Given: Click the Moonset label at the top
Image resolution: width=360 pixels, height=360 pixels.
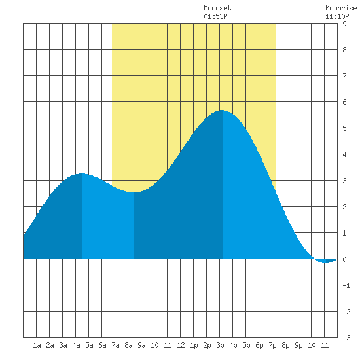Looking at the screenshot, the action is click(217, 8).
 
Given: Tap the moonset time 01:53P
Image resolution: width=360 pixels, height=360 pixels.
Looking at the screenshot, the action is click(215, 16).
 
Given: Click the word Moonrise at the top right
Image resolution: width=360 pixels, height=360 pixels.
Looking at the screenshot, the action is click(341, 8).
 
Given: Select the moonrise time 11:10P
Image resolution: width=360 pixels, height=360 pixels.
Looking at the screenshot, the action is click(337, 16).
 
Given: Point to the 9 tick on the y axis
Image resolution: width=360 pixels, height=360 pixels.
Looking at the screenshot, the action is click(344, 24).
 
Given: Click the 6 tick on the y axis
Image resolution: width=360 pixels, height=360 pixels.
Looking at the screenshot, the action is click(344, 102).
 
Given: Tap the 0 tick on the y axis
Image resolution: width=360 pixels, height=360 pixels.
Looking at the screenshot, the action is click(344, 259).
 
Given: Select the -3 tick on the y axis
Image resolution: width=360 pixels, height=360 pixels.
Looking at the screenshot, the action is click(346, 338).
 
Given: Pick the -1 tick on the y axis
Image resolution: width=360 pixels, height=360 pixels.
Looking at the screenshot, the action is click(346, 285).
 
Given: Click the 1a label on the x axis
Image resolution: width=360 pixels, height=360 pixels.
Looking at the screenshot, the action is click(37, 345).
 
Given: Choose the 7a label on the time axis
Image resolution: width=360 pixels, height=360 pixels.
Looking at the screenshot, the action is click(115, 345).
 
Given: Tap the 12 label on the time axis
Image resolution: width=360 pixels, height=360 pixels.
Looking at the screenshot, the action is click(181, 345).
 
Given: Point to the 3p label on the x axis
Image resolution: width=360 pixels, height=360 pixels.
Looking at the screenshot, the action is click(220, 345).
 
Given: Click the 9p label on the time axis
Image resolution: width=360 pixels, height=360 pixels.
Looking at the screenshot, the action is click(298, 345).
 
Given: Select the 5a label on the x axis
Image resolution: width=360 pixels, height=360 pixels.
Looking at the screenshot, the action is click(89, 345).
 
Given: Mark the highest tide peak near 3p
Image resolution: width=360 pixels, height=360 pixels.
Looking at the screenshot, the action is click(223, 110).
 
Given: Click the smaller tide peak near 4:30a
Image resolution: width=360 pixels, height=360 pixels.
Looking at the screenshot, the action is click(82, 173).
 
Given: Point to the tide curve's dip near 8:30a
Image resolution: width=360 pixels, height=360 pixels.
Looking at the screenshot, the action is click(134, 192).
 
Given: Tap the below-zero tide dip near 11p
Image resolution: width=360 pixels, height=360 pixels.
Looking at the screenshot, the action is click(326, 262).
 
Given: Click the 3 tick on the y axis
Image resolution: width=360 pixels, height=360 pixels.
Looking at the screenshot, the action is click(344, 181).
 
